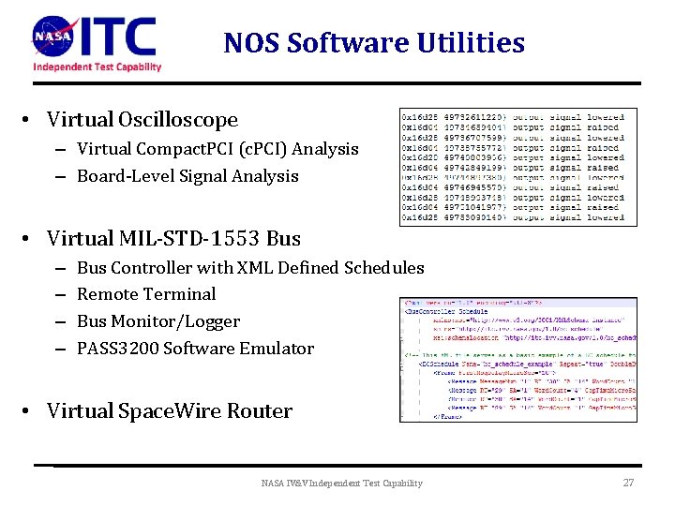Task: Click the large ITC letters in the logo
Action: pos(117,37)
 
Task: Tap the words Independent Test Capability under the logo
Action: pos(97,67)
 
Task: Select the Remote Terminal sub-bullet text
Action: pos(146,294)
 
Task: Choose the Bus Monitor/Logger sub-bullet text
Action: pos(158,321)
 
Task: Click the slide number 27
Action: pos(629,483)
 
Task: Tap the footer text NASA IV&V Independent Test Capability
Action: pos(341,484)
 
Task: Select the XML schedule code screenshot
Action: pos(518,360)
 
